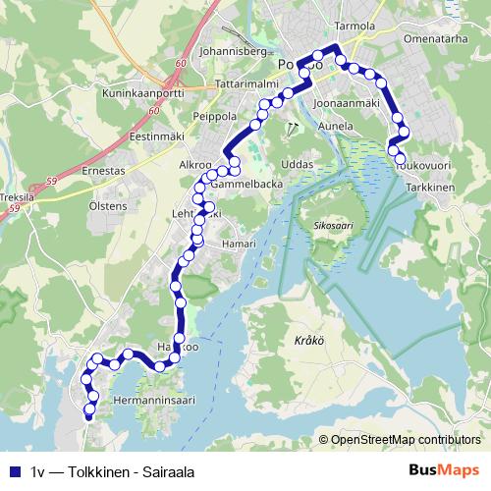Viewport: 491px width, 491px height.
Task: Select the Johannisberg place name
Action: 233,48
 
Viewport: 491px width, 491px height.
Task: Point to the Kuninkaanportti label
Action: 144,96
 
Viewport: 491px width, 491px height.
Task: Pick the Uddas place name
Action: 296,163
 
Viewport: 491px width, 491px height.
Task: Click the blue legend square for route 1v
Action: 14,471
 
